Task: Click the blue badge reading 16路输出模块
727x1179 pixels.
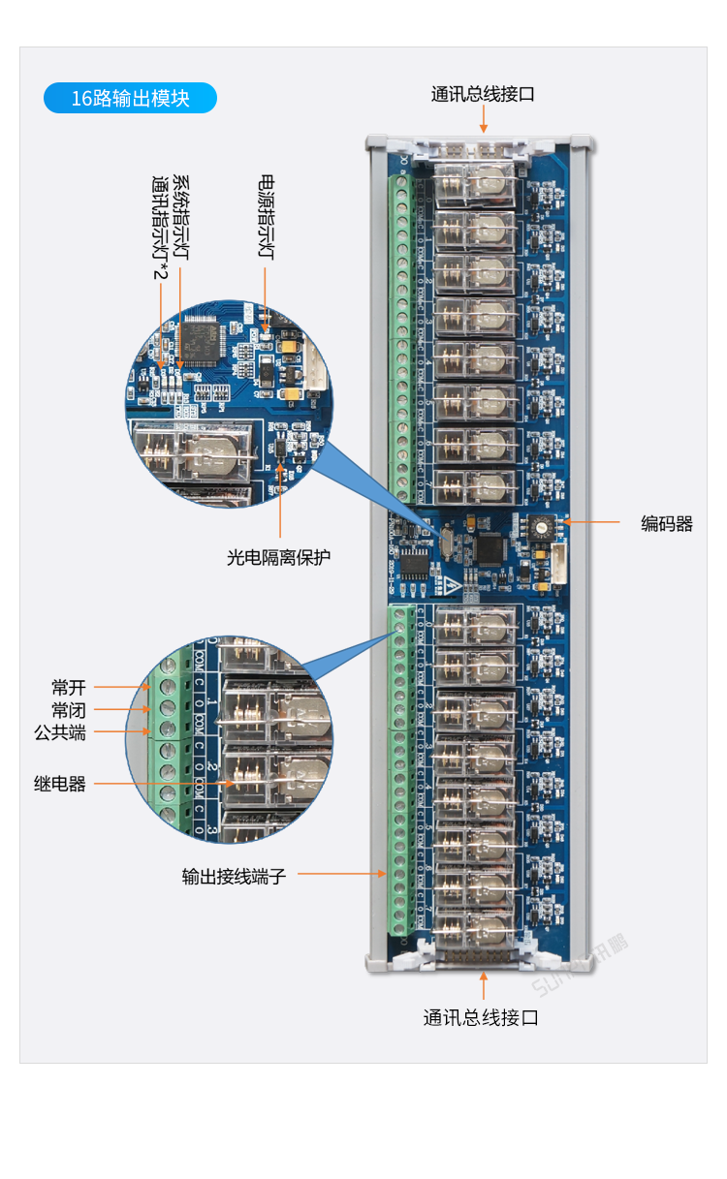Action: pyautogui.click(x=130, y=98)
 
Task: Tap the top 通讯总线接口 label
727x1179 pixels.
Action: pyautogui.click(x=483, y=94)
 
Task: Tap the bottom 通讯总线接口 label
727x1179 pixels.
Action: pyautogui.click(x=481, y=1017)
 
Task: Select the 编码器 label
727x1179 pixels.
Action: pyautogui.click(x=667, y=523)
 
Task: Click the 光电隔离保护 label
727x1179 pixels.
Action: pyautogui.click(x=279, y=557)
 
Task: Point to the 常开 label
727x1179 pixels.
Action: pyautogui.click(x=69, y=688)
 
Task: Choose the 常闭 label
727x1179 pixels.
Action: pyautogui.click(x=69, y=710)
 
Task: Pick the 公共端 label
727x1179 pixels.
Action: pyautogui.click(x=60, y=732)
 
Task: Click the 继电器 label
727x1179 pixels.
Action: pyautogui.click(x=60, y=784)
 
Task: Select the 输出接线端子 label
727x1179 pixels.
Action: pyautogui.click(x=234, y=877)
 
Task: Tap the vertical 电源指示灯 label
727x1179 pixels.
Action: pyautogui.click(x=266, y=217)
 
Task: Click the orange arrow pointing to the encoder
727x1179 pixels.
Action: pyautogui.click(x=591, y=522)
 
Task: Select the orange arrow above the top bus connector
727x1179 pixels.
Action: pyautogui.click(x=483, y=119)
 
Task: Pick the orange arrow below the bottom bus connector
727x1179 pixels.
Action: pyautogui.click(x=483, y=987)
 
